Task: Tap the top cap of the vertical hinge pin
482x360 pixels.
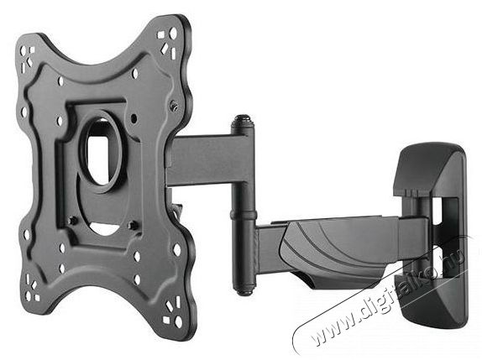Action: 243,119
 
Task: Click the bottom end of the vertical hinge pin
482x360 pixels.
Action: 244,290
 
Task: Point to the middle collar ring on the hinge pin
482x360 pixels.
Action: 243,215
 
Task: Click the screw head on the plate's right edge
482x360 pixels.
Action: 175,106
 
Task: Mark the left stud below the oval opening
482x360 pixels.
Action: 73,221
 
